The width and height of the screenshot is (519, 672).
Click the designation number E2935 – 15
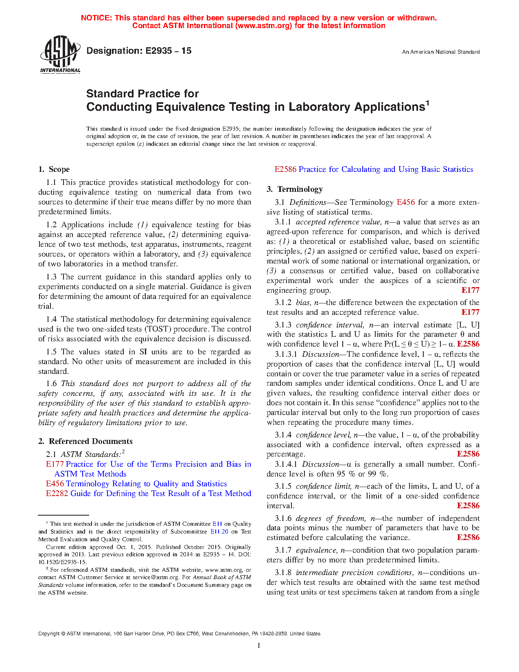tap(139, 51)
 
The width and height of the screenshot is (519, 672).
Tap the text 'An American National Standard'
tap(440, 52)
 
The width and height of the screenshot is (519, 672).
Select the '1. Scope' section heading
tap(54, 169)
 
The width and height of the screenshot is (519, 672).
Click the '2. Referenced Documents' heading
tap(85, 441)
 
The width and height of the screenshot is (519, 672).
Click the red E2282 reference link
tap(57, 494)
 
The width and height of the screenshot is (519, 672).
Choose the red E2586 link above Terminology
tap(285, 169)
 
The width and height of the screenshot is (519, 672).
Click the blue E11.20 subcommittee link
tap(219, 531)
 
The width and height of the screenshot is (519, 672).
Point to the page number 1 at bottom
tap(259, 646)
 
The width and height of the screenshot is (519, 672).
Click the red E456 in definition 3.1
tap(405, 202)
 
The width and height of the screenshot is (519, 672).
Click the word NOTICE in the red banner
tap(96, 18)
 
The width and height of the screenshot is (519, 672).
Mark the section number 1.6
tap(51, 384)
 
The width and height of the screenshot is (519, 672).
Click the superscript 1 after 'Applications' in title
tap(428, 103)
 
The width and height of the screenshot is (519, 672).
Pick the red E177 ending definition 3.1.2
tap(470, 312)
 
